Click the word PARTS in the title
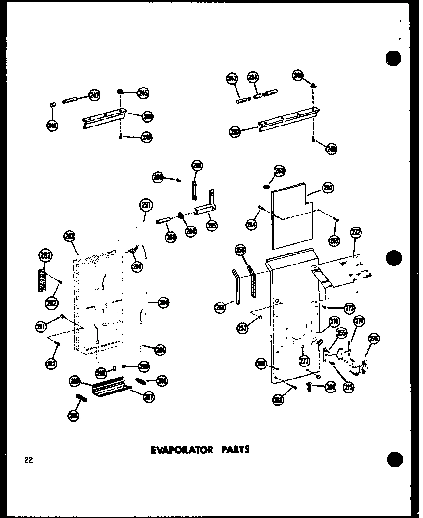235,450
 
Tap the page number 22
28,460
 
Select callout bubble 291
146,205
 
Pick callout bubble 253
279,171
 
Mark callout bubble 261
278,400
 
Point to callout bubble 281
41,327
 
